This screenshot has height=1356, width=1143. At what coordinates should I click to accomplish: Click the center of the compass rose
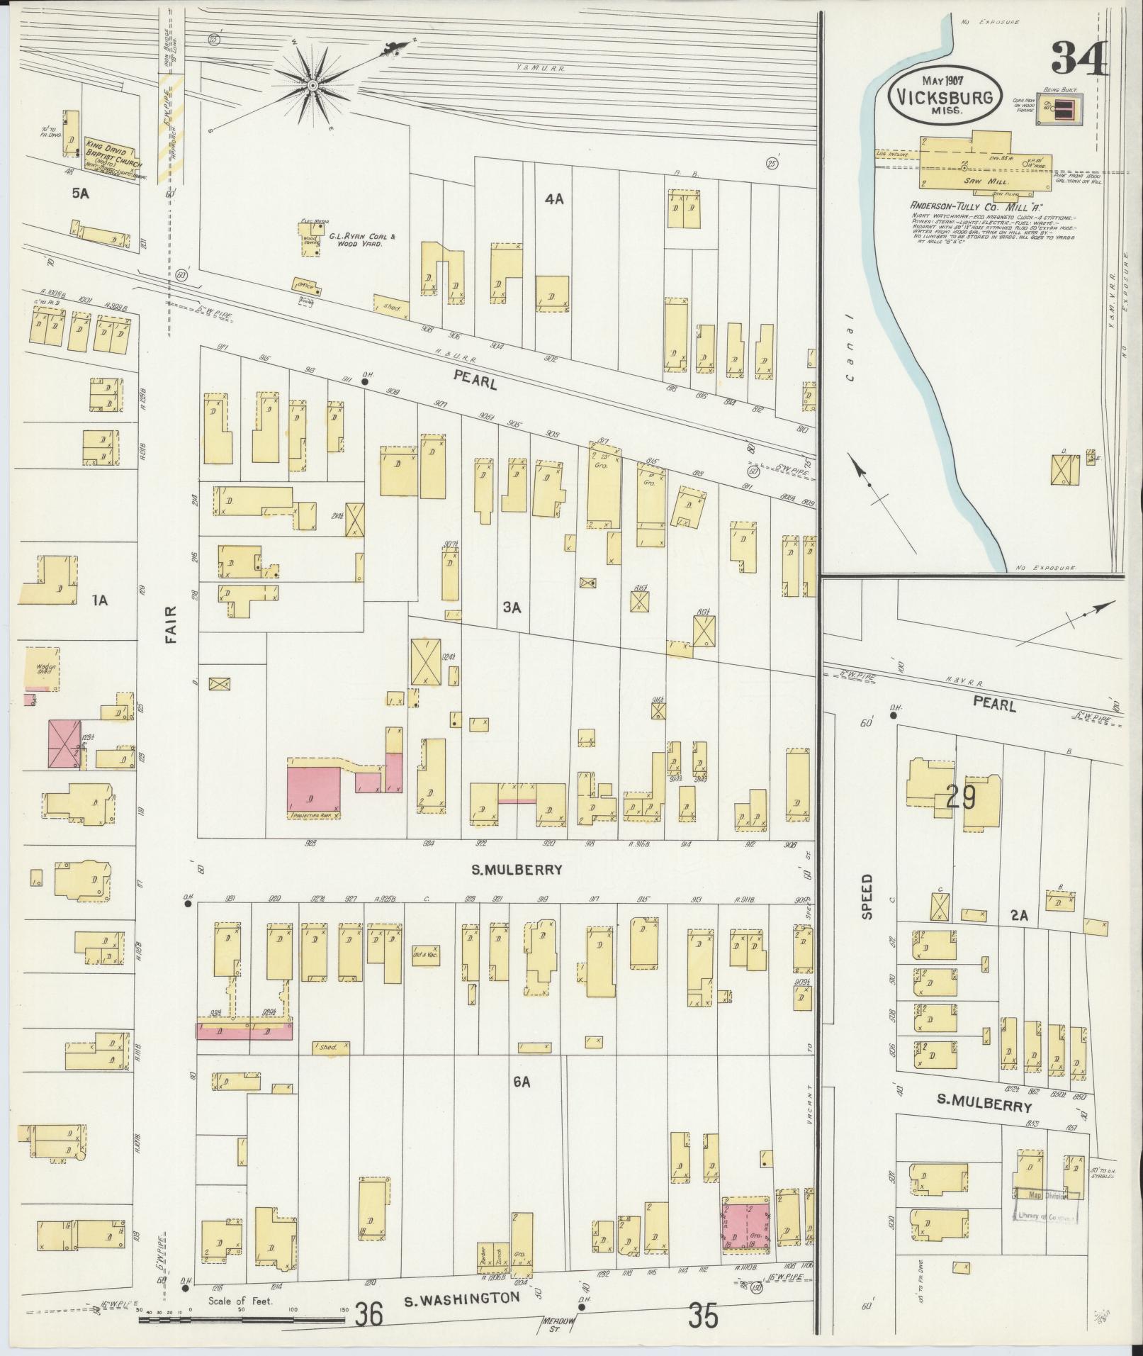[x=312, y=86]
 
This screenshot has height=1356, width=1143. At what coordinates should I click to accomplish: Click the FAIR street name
[x=170, y=624]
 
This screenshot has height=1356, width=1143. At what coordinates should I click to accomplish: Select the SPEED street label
[x=867, y=897]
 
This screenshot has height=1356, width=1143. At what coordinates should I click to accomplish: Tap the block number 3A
[x=512, y=607]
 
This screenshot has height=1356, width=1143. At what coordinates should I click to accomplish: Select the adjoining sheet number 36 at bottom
[x=369, y=1316]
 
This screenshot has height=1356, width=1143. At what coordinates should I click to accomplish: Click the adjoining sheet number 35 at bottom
[x=704, y=1316]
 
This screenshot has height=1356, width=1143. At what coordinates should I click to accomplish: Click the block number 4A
[x=554, y=199]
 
